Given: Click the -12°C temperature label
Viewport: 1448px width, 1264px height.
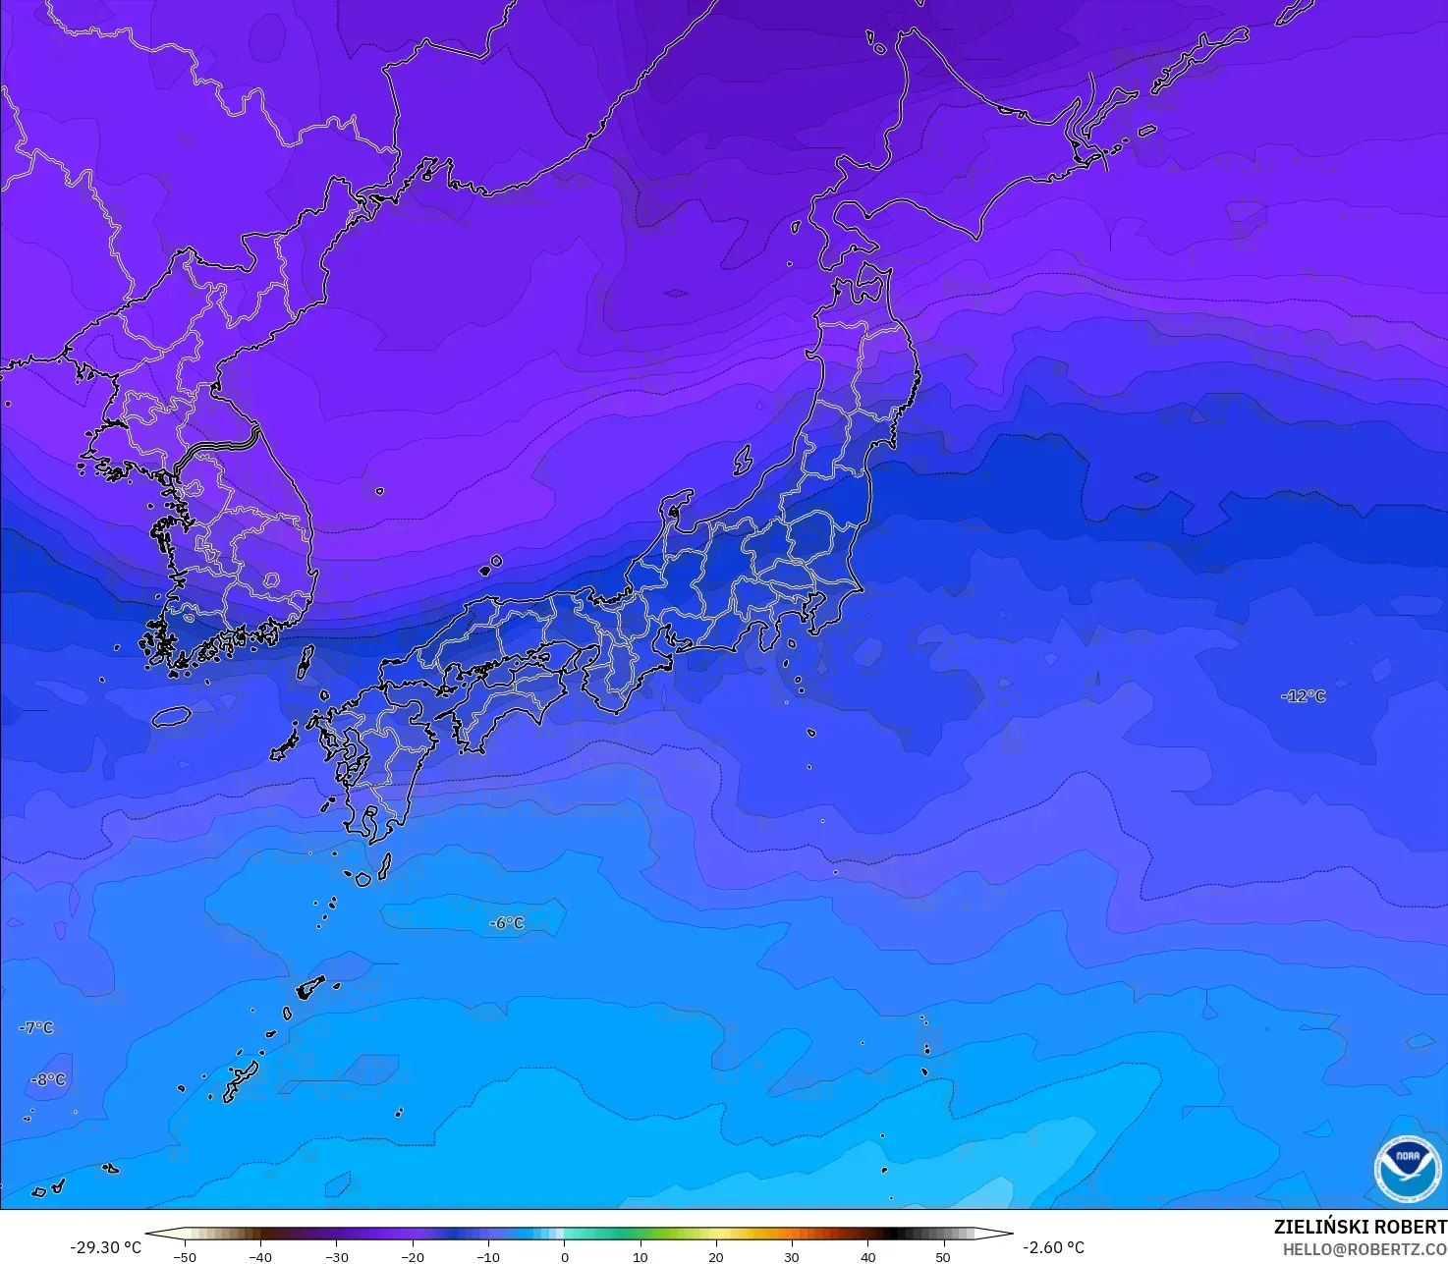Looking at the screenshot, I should click(1303, 696).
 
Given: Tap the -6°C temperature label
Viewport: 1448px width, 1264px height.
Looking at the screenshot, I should click(507, 923).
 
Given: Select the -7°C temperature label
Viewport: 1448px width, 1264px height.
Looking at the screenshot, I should click(36, 1027).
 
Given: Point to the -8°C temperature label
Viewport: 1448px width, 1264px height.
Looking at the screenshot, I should click(48, 1079).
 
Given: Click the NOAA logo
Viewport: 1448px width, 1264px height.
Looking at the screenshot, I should click(1407, 1169).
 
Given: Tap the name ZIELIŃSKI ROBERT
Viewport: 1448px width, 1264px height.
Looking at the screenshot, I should click(1360, 1227).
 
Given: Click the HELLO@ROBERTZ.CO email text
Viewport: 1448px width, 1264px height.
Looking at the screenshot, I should click(1364, 1248).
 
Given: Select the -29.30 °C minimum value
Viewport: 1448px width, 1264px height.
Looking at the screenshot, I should click(105, 1247).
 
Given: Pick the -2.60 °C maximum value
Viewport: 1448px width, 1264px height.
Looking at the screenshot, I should click(1053, 1247).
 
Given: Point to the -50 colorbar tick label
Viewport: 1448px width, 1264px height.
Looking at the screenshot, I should click(184, 1257).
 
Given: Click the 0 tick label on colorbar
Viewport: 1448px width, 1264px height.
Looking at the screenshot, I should click(564, 1257).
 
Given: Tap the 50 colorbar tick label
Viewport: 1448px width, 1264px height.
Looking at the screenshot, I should click(943, 1257).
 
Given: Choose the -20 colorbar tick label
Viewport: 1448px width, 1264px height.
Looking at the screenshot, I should click(412, 1257).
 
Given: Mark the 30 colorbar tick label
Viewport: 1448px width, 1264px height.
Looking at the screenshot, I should click(792, 1257).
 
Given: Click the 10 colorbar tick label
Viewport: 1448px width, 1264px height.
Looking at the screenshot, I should click(640, 1257).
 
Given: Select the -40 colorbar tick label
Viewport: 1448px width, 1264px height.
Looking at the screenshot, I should click(259, 1257).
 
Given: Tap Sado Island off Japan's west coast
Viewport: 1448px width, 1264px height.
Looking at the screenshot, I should click(743, 459).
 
